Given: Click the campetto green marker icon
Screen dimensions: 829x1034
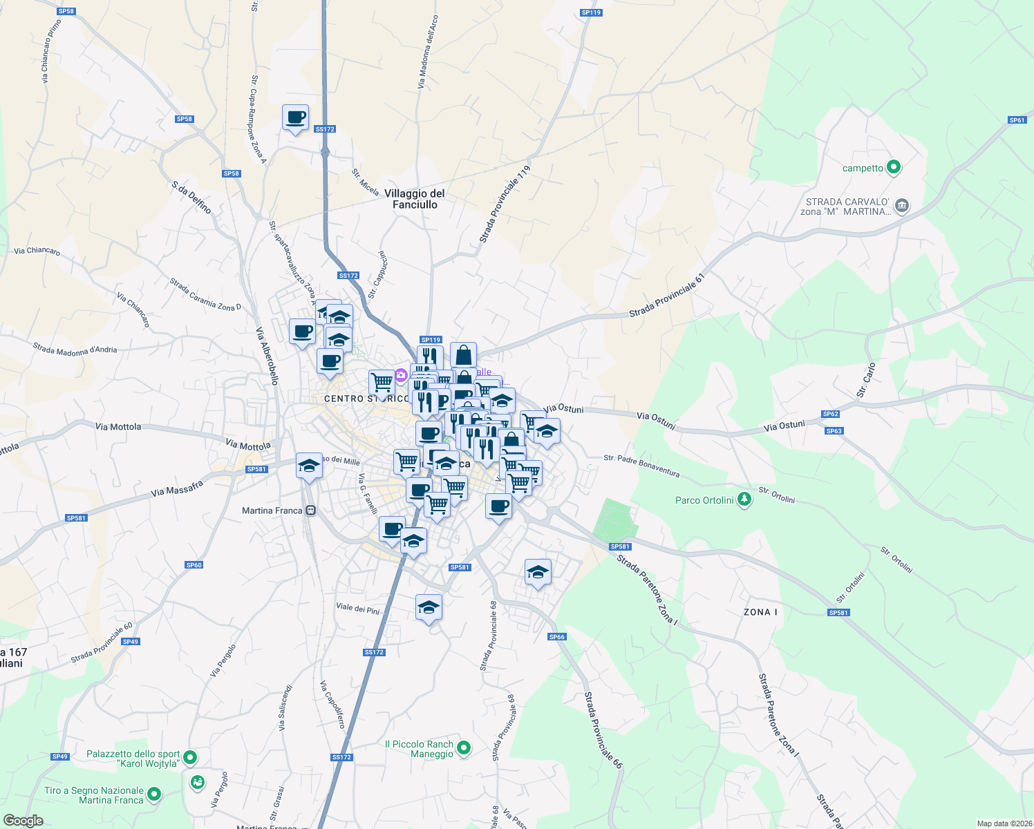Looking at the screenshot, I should tap(894, 167).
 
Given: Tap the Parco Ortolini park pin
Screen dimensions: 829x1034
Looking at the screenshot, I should tap(744, 499).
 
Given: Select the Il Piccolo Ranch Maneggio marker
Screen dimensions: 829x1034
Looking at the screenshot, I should tap(464, 747).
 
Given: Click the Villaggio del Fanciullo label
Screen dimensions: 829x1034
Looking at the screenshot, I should tap(415, 199).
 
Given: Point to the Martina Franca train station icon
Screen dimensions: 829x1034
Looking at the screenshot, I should tap(310, 511).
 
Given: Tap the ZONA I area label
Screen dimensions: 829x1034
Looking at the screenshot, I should tap(760, 612).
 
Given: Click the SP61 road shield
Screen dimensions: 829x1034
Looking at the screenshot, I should tap(1017, 120).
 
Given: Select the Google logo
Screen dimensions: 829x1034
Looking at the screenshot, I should tap(23, 821).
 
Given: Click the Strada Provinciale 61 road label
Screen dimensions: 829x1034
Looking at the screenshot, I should tap(666, 296).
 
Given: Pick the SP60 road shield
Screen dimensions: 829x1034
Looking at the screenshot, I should tap(194, 565).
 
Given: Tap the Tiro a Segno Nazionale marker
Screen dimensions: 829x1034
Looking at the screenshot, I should tap(154, 794).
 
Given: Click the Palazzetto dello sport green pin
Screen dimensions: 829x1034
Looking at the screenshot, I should tap(191, 758).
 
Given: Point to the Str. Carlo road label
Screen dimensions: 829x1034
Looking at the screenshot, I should tap(865, 380).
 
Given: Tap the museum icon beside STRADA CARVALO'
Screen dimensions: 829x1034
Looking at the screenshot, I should tap(902, 206).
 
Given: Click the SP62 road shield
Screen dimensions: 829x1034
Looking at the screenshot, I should tap(830, 414).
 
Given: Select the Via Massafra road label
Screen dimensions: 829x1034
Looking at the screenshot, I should tap(177, 489).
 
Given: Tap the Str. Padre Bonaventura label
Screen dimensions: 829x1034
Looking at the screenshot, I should tap(641, 466).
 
